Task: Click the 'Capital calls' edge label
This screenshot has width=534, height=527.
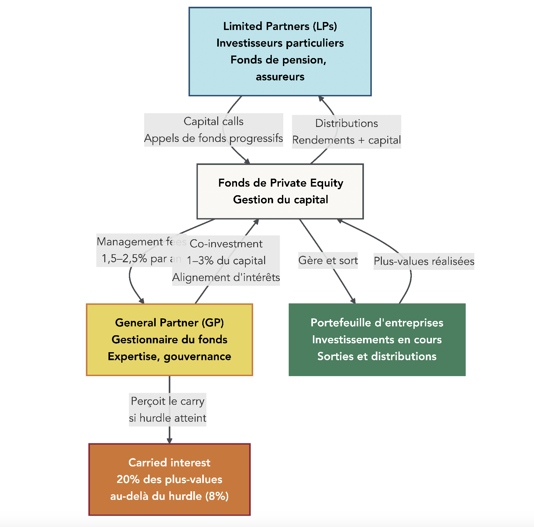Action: tap(213, 122)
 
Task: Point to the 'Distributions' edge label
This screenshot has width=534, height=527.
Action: tap(346, 123)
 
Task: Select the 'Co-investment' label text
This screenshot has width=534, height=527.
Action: tap(226, 244)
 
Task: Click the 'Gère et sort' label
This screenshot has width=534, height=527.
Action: tap(328, 261)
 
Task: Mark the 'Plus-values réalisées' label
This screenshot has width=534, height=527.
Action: tap(424, 261)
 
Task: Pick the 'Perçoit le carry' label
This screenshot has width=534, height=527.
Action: tap(167, 401)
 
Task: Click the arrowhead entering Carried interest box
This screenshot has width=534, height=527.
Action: tap(169, 441)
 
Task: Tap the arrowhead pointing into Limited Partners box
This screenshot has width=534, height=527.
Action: tap(321, 99)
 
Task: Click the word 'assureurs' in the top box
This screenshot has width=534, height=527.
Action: tap(280, 77)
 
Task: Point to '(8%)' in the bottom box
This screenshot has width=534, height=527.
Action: tap(217, 496)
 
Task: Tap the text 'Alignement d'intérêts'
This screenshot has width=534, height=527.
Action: tap(226, 278)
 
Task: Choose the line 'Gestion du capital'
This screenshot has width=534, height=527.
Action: tap(280, 200)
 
